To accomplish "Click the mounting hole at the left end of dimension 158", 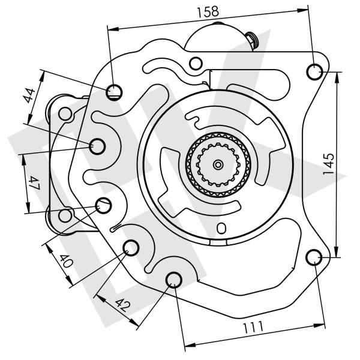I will coord(115,91).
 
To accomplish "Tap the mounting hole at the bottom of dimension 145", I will coord(314,257).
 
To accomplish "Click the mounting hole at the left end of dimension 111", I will coord(174,279).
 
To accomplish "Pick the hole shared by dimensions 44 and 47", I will coord(98,145).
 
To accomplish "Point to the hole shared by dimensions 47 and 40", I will coord(104,206).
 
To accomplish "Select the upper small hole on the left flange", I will coord(64,112).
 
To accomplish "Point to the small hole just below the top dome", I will coord(195,64).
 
